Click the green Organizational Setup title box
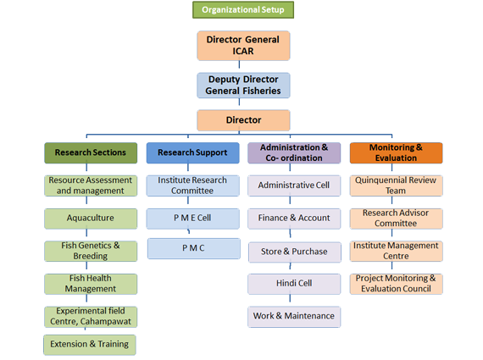pos(243,10)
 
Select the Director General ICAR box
pos(243,46)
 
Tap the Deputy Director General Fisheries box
pos(243,86)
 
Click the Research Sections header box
pos(91,152)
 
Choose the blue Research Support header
pos(193,152)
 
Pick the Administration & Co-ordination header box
pos(294,152)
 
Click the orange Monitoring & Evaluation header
pos(396,152)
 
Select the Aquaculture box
pos(91,219)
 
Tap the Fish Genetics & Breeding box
pos(91,251)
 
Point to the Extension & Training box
pos(90,345)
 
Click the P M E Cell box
pos(193,219)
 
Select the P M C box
pos(194,248)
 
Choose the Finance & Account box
pos(294,219)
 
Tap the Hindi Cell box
pos(294,284)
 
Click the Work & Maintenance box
pos(294,317)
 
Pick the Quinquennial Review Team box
pos(396,186)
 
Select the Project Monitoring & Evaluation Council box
pos(396,284)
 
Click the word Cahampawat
pos(106,322)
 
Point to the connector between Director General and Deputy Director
pos(239,64)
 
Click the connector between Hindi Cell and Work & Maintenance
pos(290,298)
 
